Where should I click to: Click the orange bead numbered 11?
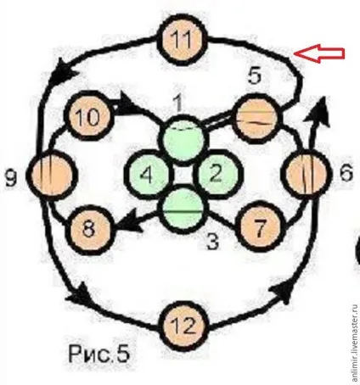point(183,40)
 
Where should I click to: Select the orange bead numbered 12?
point(183,326)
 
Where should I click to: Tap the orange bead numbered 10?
point(89,115)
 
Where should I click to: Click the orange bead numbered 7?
point(260,226)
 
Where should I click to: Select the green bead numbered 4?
point(149,175)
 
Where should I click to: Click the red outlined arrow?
point(319,53)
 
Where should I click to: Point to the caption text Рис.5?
point(98,354)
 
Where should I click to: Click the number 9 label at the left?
point(12,178)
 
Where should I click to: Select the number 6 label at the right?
point(346,172)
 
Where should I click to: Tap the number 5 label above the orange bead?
point(255,75)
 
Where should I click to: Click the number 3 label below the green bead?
point(213,242)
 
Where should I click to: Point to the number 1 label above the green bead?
point(178,103)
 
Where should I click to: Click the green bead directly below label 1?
point(183,139)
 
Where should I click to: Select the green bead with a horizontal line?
point(183,209)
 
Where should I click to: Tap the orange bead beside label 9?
point(52,176)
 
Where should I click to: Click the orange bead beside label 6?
point(306,174)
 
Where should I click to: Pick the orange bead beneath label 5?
point(257,119)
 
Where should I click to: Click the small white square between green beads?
point(183,175)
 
